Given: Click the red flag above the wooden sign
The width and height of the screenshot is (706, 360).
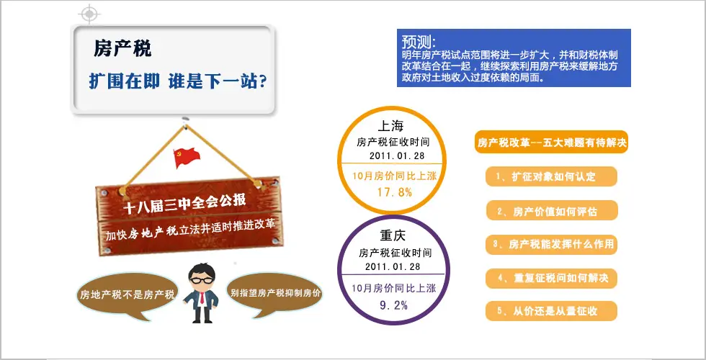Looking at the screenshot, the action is click(x=187, y=158).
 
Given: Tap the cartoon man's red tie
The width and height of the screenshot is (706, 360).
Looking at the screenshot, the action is click(x=202, y=297).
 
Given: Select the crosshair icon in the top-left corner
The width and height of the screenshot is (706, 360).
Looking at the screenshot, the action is click(x=89, y=14).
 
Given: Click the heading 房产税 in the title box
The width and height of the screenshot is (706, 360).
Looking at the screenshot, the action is click(x=122, y=49).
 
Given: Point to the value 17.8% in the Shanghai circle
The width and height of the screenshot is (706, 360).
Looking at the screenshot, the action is click(x=395, y=192).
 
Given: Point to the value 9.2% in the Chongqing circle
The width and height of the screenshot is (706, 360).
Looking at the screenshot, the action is click(x=393, y=305).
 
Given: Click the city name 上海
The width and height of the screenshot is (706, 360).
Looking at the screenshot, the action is click(x=390, y=125).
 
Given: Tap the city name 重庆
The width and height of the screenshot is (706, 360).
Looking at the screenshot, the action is click(x=393, y=235).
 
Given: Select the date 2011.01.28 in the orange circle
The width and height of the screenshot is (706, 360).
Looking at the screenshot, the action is click(x=397, y=156).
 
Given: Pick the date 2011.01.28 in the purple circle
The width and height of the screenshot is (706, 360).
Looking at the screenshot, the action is click(x=393, y=266).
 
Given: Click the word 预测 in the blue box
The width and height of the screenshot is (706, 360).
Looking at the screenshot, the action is click(x=419, y=42).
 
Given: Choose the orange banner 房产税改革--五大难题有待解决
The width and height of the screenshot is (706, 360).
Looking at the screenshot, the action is click(x=552, y=143).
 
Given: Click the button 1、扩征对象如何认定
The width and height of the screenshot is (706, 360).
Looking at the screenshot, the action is click(x=551, y=176).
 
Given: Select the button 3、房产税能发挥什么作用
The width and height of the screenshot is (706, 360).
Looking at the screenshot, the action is click(x=551, y=244).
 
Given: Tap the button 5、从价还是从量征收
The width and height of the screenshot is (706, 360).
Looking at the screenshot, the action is click(x=551, y=311).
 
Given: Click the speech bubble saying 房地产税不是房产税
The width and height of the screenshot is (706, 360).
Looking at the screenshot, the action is click(x=127, y=294).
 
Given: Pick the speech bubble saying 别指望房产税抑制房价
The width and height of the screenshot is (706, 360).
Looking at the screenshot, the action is click(x=275, y=294).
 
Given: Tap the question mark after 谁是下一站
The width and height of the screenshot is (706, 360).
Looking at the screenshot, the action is click(x=263, y=82).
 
